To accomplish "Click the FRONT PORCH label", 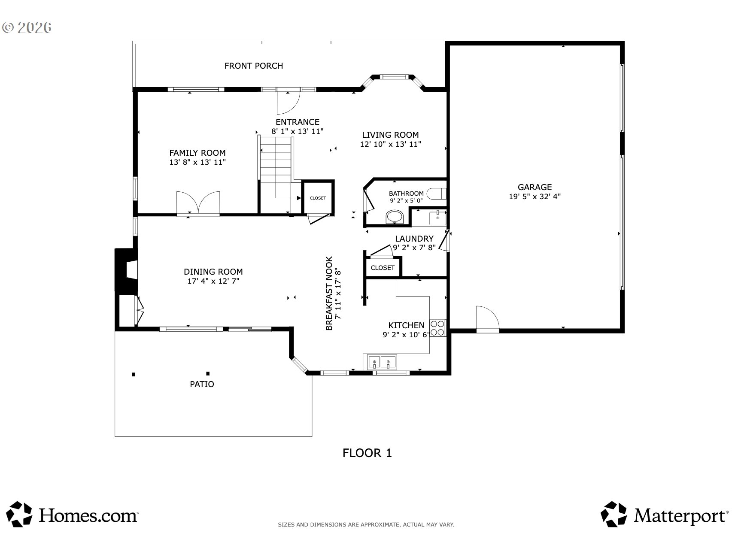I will point(254,66).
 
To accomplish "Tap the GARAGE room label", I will point(535,187).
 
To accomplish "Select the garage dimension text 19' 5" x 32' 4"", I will point(535,197).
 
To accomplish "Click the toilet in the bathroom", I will point(439,194).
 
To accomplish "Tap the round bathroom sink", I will point(395,217).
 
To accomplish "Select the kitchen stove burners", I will point(437,328).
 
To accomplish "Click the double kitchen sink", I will point(381,363).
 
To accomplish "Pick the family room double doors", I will point(198,203).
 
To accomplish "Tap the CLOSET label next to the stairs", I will point(318,198).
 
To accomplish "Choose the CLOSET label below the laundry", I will point(383,268).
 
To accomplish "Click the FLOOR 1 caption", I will point(367,453).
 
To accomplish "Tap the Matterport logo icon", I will point(616,514).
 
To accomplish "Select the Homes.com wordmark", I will point(88,515).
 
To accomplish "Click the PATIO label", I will point(202,384).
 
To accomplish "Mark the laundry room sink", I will point(437,218).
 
